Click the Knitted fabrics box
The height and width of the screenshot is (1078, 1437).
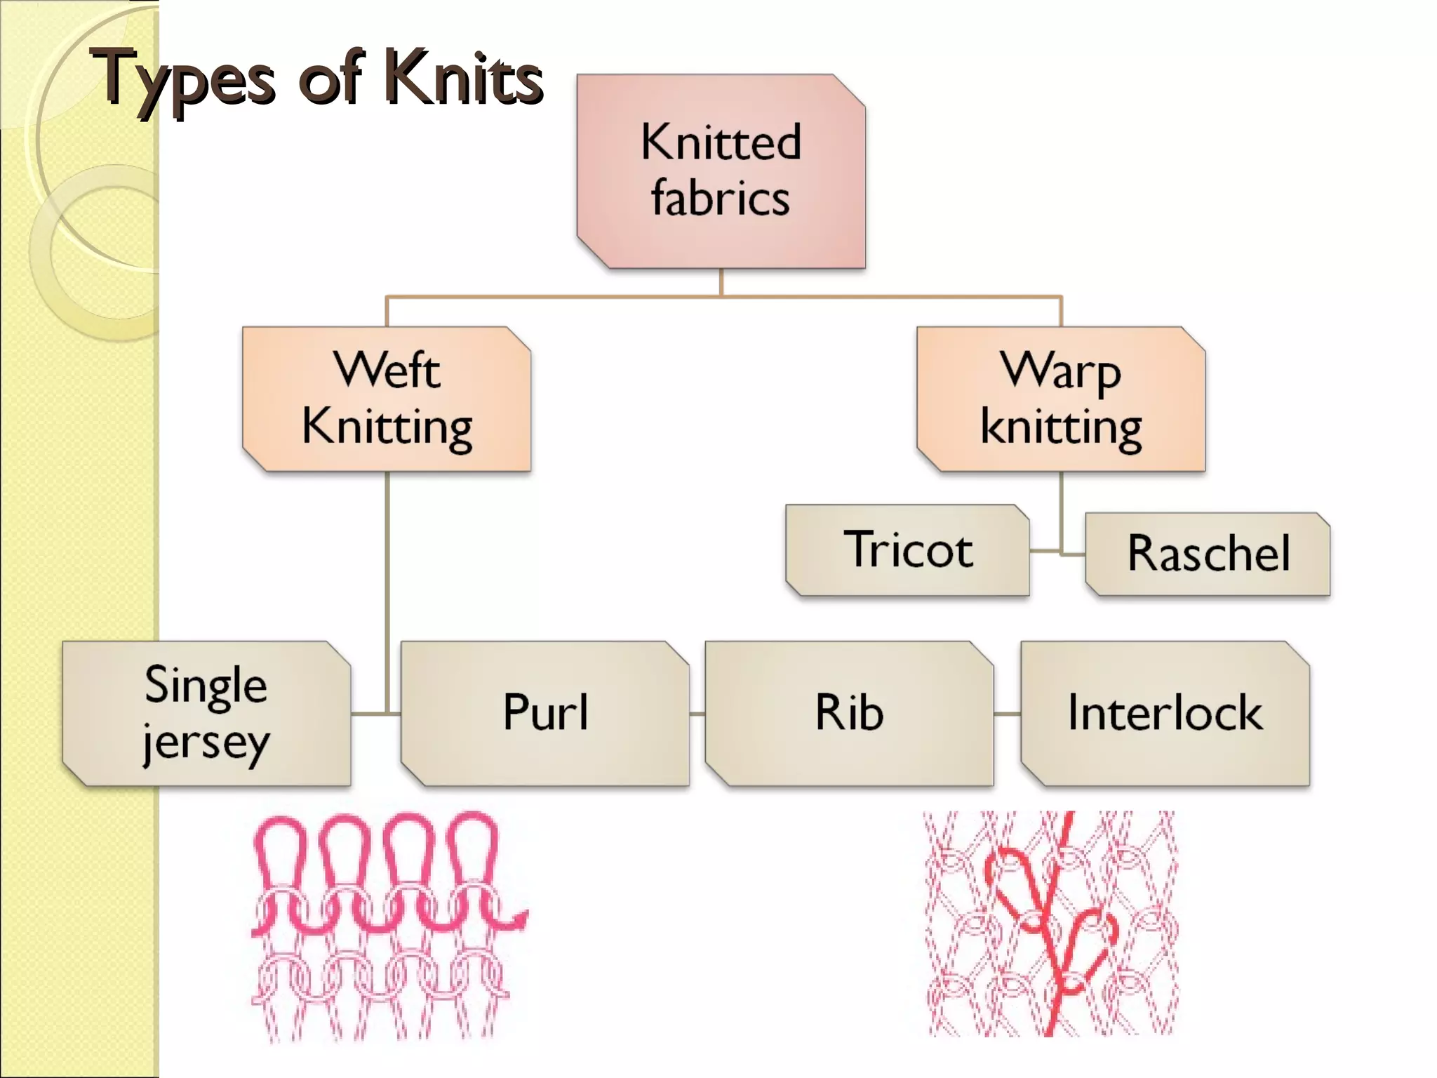pos(721,171)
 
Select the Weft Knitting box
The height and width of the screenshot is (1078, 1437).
pos(387,399)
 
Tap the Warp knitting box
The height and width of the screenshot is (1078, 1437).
pos(1061,399)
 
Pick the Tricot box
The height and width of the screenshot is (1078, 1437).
pos(907,550)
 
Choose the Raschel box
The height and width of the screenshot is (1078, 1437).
pos(1208,554)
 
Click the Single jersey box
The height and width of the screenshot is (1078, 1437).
pos(206,713)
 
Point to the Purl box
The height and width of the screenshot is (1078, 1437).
pos(545,713)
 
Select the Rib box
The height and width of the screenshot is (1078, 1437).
pos(849,713)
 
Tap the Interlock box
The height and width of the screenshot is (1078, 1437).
pos(1165,713)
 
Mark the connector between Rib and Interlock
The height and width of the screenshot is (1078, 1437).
pos(1007,714)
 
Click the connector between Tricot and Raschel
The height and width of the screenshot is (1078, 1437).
pos(1045,551)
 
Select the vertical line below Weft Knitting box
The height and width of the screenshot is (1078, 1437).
pos(387,561)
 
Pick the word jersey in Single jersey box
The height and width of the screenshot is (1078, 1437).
pos(206,743)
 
